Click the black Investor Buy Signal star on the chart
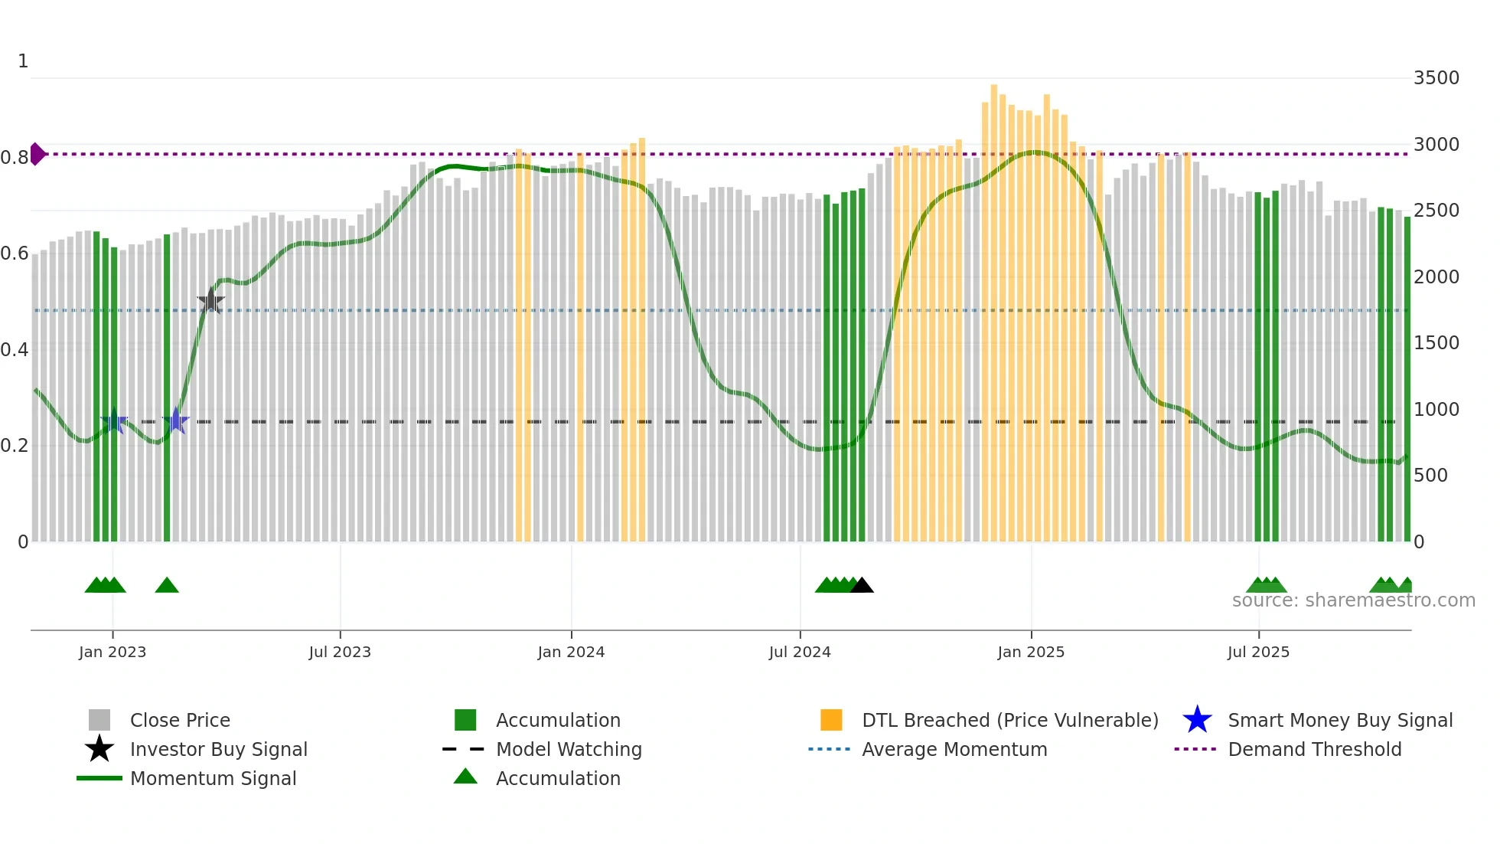(210, 301)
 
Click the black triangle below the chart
(862, 586)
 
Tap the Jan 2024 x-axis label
(571, 652)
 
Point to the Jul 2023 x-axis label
(340, 652)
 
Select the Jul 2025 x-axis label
(1258, 652)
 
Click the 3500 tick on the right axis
(1436, 78)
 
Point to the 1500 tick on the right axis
(1436, 343)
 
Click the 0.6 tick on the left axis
(14, 254)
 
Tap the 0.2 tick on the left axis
(14, 446)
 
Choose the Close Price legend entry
(180, 721)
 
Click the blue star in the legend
(1197, 720)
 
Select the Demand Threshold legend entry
(1314, 750)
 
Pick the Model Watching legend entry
(569, 750)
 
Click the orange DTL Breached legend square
(831, 720)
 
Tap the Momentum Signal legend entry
(213, 779)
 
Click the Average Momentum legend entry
(954, 750)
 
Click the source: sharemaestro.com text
(1353, 600)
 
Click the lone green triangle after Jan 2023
(167, 586)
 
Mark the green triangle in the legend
(465, 777)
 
